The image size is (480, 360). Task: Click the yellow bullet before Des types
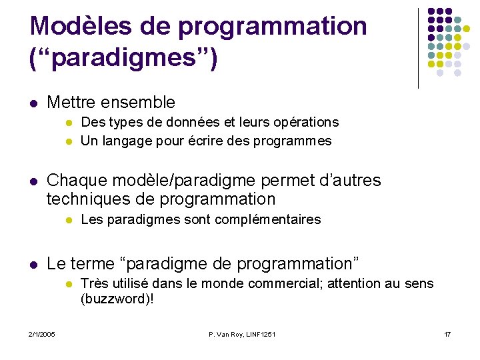click(68, 123)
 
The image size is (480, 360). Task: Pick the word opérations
click(306, 123)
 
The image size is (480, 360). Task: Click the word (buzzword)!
click(117, 299)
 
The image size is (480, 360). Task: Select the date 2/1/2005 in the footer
click(42, 334)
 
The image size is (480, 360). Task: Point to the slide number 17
click(447, 334)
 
